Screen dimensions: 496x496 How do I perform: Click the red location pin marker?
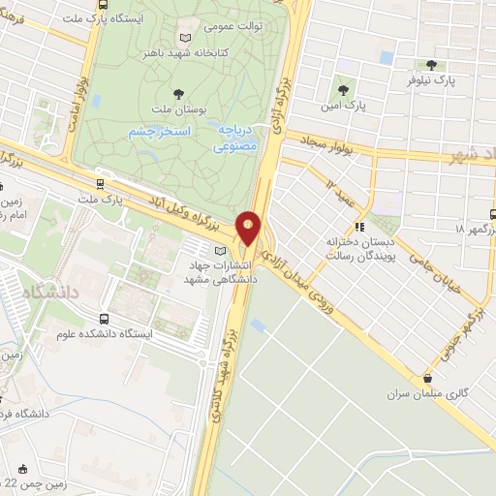click(x=249, y=229)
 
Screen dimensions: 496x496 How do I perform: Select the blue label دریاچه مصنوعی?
click(x=238, y=140)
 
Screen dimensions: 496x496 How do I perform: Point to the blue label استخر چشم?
click(x=159, y=130)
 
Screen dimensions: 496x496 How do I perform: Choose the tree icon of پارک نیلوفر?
click(x=431, y=65)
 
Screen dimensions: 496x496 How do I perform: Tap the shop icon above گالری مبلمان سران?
click(x=426, y=378)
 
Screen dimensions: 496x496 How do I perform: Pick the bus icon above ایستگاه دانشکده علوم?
click(x=105, y=318)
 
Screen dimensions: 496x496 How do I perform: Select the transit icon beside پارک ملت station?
click(x=101, y=180)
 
